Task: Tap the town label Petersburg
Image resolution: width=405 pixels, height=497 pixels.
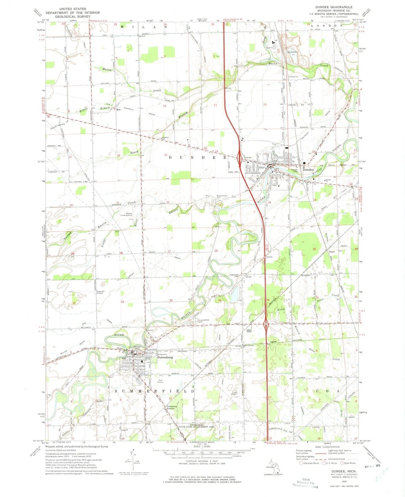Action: (x=165, y=357)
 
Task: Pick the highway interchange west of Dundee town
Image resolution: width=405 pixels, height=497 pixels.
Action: (x=240, y=158)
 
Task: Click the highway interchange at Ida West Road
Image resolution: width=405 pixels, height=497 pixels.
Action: (x=266, y=326)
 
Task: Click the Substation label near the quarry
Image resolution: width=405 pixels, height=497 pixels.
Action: (x=293, y=76)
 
